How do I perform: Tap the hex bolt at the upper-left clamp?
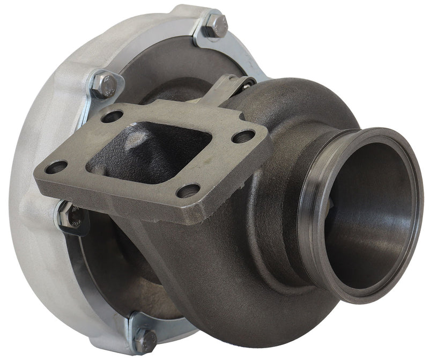pyautogui.click(x=103, y=85)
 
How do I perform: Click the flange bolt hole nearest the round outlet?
pyautogui.click(x=243, y=136)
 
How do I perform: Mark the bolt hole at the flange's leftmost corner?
pyautogui.click(x=56, y=167)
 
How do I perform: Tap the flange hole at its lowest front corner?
pyautogui.click(x=188, y=190)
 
